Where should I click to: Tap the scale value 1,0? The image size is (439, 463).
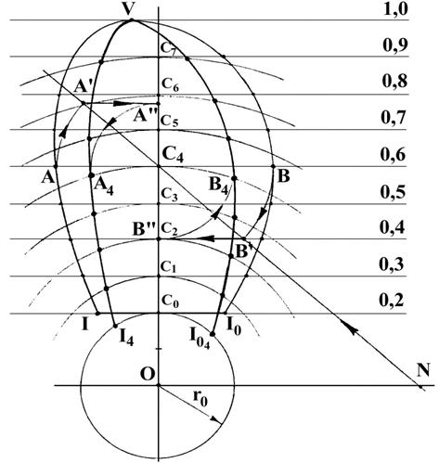point(395,9)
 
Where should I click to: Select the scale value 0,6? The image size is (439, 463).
point(393,154)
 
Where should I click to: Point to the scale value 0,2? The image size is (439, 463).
point(392,300)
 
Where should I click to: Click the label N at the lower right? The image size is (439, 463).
point(423,370)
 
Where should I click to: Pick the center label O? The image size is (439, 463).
point(148,374)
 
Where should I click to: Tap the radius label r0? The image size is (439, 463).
point(200,398)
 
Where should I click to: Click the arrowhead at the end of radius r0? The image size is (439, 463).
point(217,420)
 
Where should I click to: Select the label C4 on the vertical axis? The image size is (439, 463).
point(173,155)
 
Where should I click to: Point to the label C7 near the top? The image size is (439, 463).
point(169,49)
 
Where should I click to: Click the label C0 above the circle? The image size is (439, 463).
point(170,301)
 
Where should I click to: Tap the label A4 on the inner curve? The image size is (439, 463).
point(104,186)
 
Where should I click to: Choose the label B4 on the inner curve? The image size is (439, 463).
point(219,186)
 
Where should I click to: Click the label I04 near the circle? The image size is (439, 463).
point(200,340)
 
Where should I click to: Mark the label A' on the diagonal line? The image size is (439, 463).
point(82,87)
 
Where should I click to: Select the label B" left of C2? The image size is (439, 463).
point(143,229)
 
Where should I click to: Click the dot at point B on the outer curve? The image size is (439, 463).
point(273,166)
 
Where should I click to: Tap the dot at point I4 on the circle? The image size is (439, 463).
point(115,326)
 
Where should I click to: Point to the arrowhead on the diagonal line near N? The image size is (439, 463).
point(349,328)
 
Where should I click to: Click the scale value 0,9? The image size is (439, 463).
point(394,45)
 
